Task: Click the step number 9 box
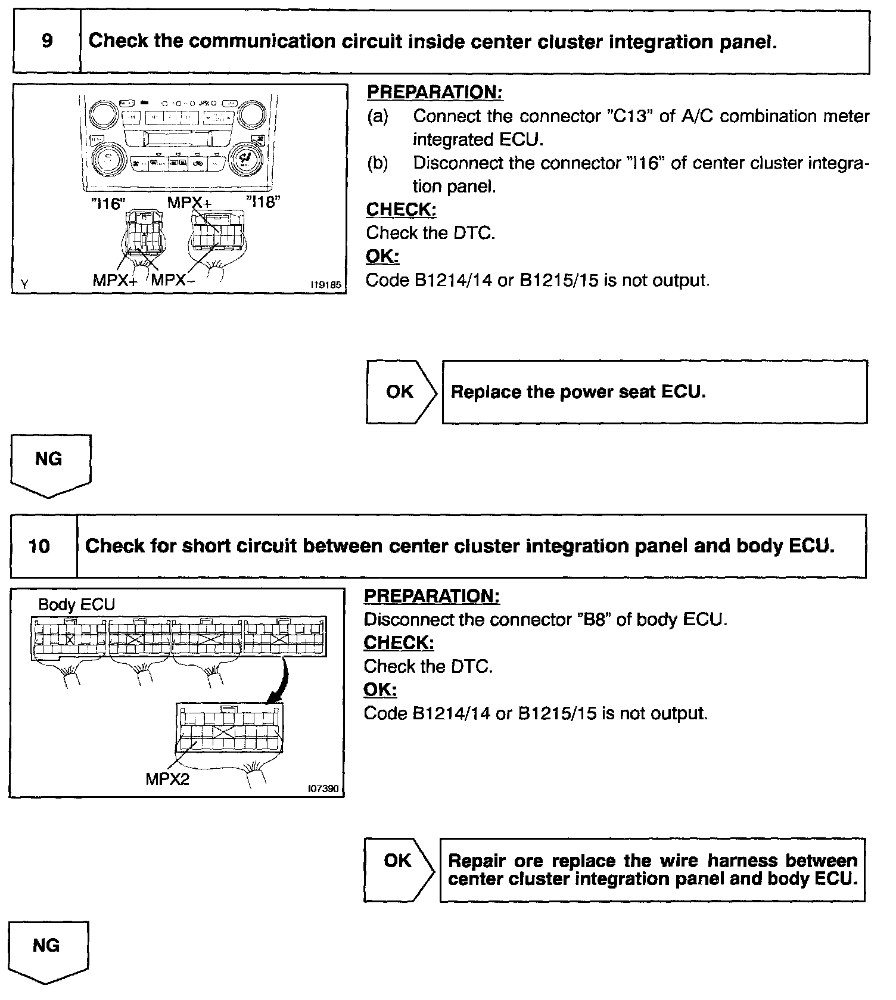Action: (46, 42)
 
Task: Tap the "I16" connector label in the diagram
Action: (107, 204)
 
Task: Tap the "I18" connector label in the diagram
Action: (263, 202)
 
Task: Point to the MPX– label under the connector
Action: (172, 280)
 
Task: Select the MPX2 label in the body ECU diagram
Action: (167, 779)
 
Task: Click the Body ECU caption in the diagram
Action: (76, 604)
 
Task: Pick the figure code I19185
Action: (326, 285)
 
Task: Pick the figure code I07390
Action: (323, 789)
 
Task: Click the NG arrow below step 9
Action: (50, 464)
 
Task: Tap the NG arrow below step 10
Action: (48, 950)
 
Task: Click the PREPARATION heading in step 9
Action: (435, 92)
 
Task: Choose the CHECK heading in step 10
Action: (399, 642)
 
